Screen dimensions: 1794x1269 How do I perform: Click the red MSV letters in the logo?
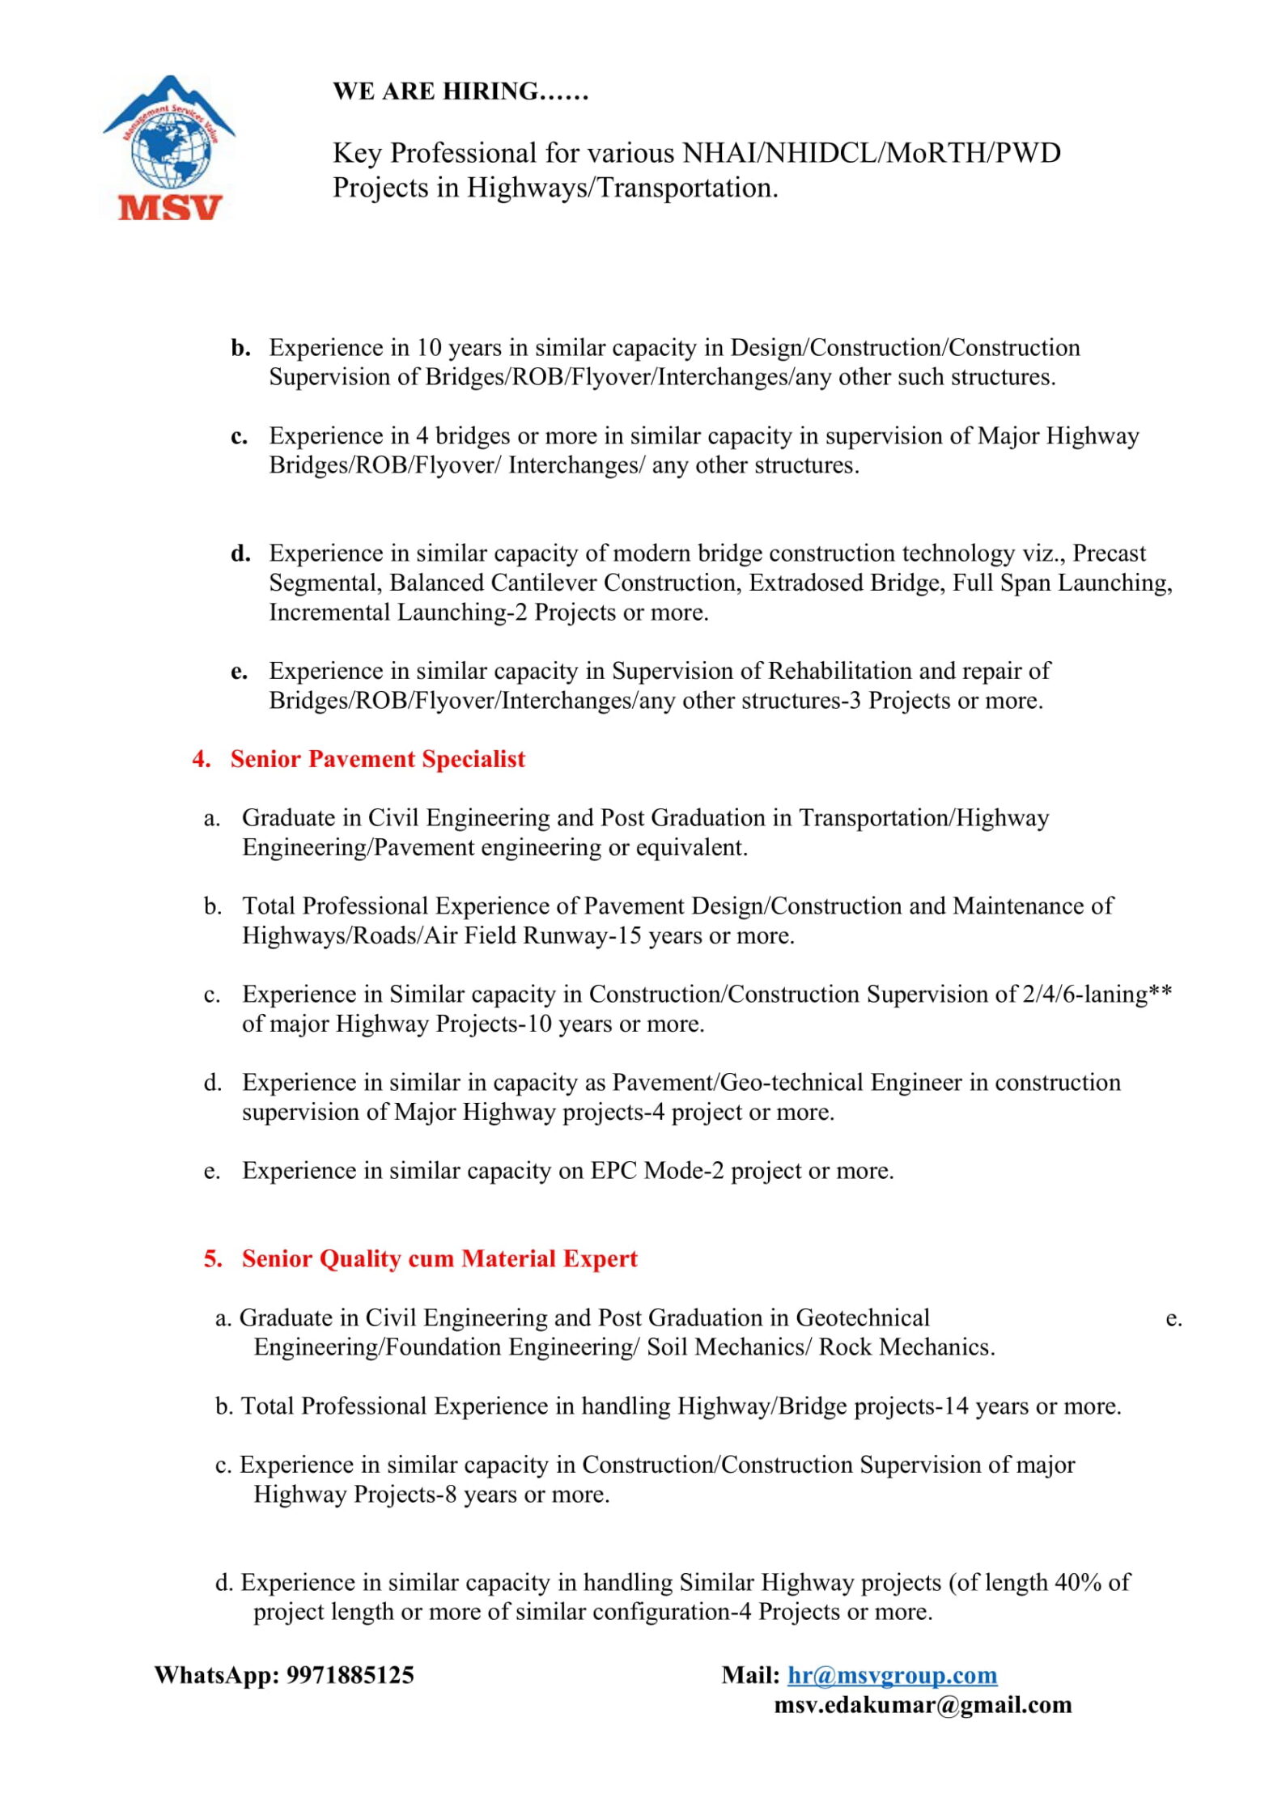[169, 208]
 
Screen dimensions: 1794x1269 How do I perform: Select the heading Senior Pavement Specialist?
[377, 759]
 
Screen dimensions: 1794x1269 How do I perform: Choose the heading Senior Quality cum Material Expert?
[439, 1258]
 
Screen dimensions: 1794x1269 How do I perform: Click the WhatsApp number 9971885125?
[350, 1674]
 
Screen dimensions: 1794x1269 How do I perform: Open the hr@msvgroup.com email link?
[892, 1674]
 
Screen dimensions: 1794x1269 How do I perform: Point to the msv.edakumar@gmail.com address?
[923, 1704]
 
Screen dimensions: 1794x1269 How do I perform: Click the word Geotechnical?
[863, 1317]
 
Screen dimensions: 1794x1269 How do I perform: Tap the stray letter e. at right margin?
[1174, 1319]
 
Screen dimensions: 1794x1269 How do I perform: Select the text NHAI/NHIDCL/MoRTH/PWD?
[872, 153]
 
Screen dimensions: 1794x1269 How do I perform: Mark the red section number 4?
[202, 759]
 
